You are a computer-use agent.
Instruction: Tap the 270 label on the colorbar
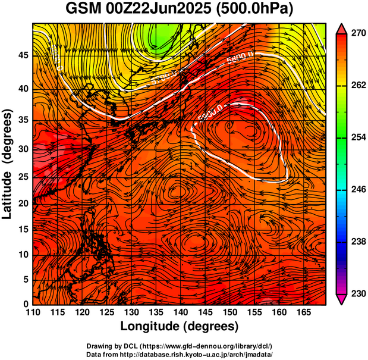(357, 34)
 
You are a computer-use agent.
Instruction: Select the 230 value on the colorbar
(357, 293)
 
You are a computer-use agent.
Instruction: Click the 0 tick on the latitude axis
(26, 304)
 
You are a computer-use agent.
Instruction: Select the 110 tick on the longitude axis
(33, 312)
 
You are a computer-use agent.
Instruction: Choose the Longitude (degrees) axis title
(180, 326)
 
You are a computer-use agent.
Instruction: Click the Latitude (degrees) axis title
(8, 163)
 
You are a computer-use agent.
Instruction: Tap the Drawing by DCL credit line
(180, 346)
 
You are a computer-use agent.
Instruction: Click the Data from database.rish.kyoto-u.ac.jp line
(180, 354)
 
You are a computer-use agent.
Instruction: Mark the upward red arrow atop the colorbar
(342, 28)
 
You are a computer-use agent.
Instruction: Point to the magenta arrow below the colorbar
(342, 299)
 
